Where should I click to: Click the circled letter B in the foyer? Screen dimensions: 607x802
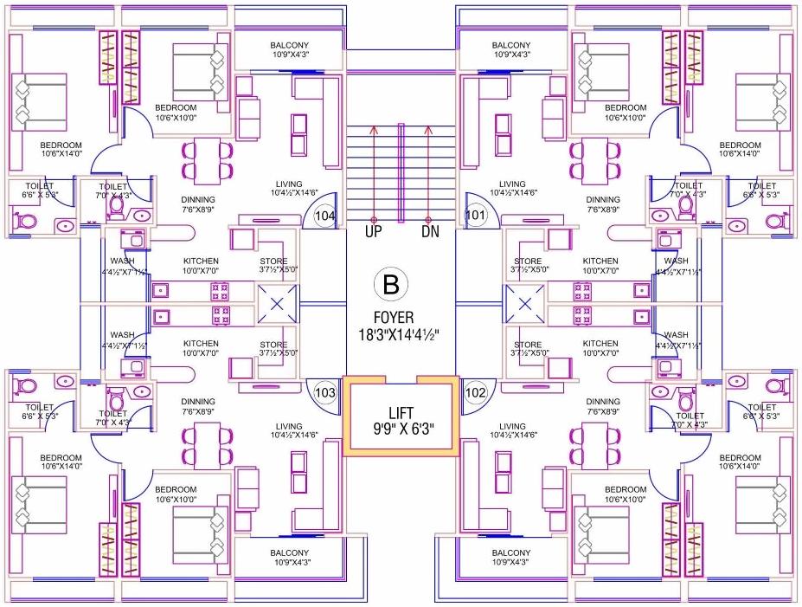click(390, 283)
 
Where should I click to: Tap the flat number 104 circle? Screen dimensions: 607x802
click(325, 215)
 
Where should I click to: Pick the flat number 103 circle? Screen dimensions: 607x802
click(325, 392)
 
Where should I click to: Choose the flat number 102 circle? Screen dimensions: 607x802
click(475, 392)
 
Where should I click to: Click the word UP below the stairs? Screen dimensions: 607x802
click(374, 232)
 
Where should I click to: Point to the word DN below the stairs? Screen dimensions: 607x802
click(431, 232)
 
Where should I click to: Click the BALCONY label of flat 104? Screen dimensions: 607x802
click(289, 45)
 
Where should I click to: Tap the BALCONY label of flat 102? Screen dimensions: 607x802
click(510, 552)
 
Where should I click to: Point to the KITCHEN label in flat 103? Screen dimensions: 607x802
click(201, 344)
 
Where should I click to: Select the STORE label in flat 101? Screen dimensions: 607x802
click(528, 261)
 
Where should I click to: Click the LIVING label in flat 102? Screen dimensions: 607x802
click(512, 426)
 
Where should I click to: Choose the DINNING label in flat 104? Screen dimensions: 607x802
click(198, 200)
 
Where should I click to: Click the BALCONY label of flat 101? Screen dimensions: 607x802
click(510, 45)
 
